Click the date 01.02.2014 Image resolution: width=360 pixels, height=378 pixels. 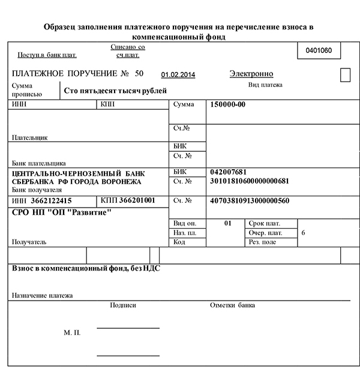click(178, 75)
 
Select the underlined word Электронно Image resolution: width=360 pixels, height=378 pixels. click(251, 74)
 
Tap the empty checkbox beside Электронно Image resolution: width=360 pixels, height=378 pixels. click(345, 75)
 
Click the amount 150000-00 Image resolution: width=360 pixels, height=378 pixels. click(228, 104)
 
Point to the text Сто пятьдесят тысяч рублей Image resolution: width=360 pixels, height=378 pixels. click(115, 91)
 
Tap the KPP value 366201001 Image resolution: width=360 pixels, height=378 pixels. click(137, 200)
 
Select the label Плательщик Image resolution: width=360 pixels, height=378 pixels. click(29, 137)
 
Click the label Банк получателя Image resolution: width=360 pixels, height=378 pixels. click(37, 190)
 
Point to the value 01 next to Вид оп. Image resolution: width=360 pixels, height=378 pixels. click(227, 223)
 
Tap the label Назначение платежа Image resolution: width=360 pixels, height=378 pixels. click(42, 295)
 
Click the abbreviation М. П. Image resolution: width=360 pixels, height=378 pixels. click(72, 332)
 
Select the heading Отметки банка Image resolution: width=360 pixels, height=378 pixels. click(232, 305)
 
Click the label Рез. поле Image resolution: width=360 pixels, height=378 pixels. click(262, 242)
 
